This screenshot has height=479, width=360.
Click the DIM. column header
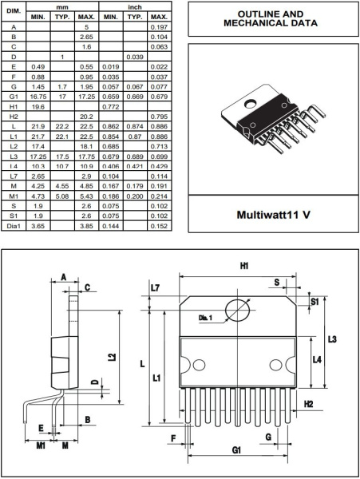[14, 11]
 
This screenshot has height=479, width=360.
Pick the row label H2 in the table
[14, 116]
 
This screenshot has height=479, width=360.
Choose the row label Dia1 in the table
[14, 227]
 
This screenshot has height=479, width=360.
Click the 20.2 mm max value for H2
[88, 116]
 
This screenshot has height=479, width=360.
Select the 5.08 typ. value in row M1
[62, 196]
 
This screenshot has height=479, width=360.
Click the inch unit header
[136, 6]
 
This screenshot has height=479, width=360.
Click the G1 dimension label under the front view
[237, 450]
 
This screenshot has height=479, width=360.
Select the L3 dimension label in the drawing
[332, 339]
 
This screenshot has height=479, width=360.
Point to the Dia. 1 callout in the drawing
[206, 318]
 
